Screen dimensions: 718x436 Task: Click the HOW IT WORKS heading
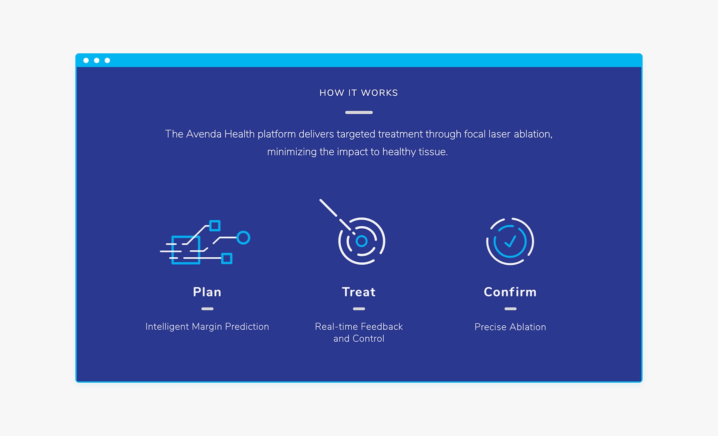pos(359,93)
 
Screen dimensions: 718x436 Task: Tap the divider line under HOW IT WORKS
pos(359,112)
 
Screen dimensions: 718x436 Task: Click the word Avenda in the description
pos(204,134)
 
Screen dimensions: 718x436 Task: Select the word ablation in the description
pos(533,134)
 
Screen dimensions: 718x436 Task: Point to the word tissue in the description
pos(433,152)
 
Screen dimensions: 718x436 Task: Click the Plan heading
pos(207,292)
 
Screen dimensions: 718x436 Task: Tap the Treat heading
pos(359,292)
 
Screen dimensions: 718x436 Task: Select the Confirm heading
pos(510,292)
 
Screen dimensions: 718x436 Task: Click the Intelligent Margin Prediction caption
pos(207,327)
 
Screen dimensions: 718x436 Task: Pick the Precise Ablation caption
pos(510,327)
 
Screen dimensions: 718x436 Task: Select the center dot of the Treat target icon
pos(362,241)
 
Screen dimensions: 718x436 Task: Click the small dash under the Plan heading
pos(207,309)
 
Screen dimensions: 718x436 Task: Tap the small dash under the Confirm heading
pos(510,309)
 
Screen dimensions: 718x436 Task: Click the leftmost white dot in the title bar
pos(86,60)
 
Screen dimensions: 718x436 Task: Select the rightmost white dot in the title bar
pos(107,60)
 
